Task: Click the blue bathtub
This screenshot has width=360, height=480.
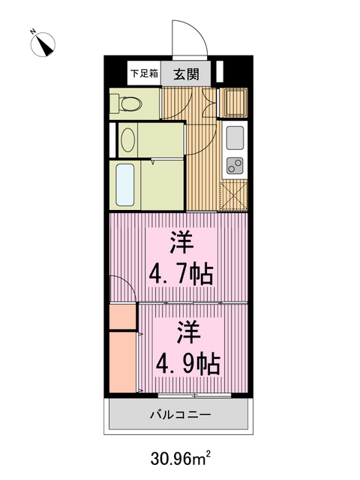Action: [x=126, y=184]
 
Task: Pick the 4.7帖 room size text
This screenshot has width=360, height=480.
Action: [x=181, y=272]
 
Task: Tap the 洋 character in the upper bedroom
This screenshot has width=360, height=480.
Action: [x=181, y=242]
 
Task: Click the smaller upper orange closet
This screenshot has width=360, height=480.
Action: [x=122, y=316]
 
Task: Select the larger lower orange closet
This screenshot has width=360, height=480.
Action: [x=122, y=364]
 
